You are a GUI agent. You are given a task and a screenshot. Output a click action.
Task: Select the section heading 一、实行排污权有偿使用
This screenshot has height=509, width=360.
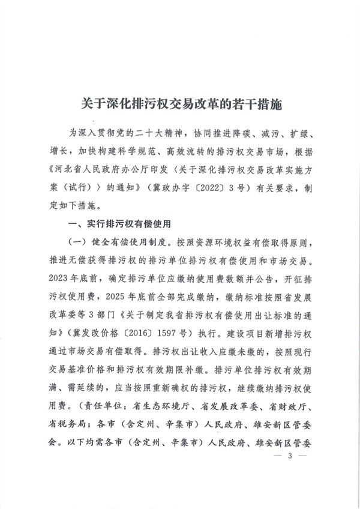tap(120, 224)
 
